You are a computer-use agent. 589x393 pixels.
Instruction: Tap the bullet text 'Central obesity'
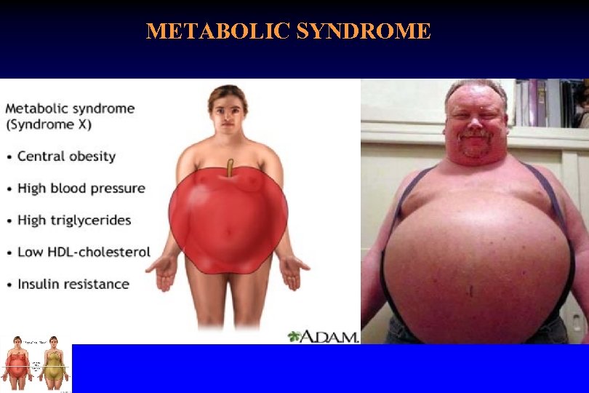[x=66, y=156]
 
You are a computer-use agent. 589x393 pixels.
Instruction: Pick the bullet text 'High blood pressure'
[x=81, y=188]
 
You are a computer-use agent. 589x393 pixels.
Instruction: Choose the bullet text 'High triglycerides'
[x=74, y=221]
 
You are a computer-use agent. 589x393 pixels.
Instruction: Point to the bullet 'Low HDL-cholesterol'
[x=84, y=253]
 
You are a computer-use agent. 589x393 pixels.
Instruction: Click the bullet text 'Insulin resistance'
[x=73, y=285]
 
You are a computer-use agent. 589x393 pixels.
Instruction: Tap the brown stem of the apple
[x=229, y=167]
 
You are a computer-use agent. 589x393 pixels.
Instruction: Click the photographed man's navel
[x=470, y=291]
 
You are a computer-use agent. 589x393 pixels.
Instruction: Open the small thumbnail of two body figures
[x=36, y=364]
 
